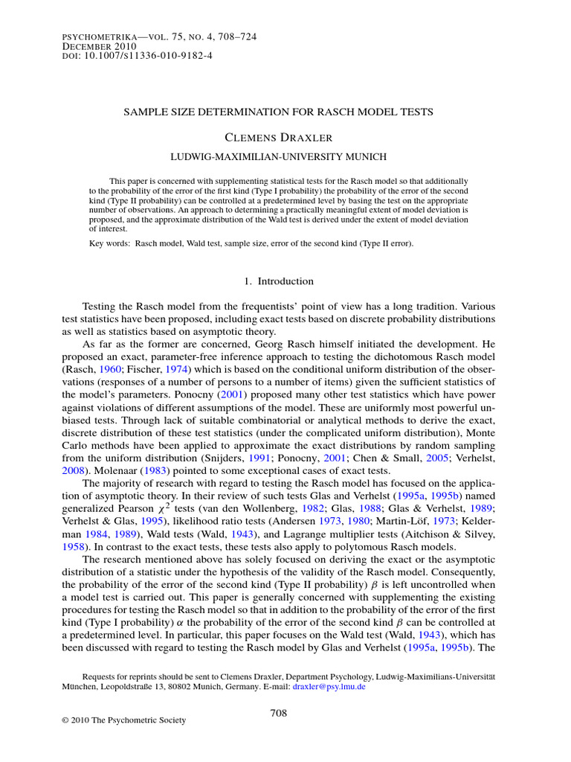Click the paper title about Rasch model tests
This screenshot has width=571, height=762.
(x=277, y=112)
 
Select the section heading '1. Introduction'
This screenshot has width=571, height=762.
(x=279, y=281)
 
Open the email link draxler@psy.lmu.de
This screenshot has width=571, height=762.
(x=329, y=687)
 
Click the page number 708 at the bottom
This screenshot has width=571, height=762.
(x=278, y=713)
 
